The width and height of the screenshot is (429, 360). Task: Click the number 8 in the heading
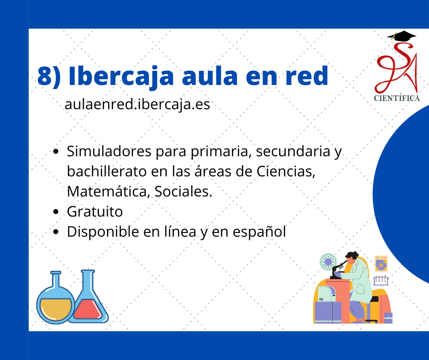45,76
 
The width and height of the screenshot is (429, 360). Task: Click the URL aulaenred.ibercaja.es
137,104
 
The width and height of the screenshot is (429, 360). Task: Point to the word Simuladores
109,151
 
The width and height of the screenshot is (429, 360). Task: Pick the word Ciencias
286,172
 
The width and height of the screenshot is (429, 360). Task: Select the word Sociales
183,191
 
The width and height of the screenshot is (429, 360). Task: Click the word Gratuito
94,212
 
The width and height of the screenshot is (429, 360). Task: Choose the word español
259,232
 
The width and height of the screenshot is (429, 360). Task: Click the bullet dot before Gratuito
56,212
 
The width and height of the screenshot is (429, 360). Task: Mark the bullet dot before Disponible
56,232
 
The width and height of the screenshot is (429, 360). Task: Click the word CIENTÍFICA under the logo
397,98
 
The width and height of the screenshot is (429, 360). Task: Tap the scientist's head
351,258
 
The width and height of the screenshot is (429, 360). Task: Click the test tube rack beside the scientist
381,280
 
